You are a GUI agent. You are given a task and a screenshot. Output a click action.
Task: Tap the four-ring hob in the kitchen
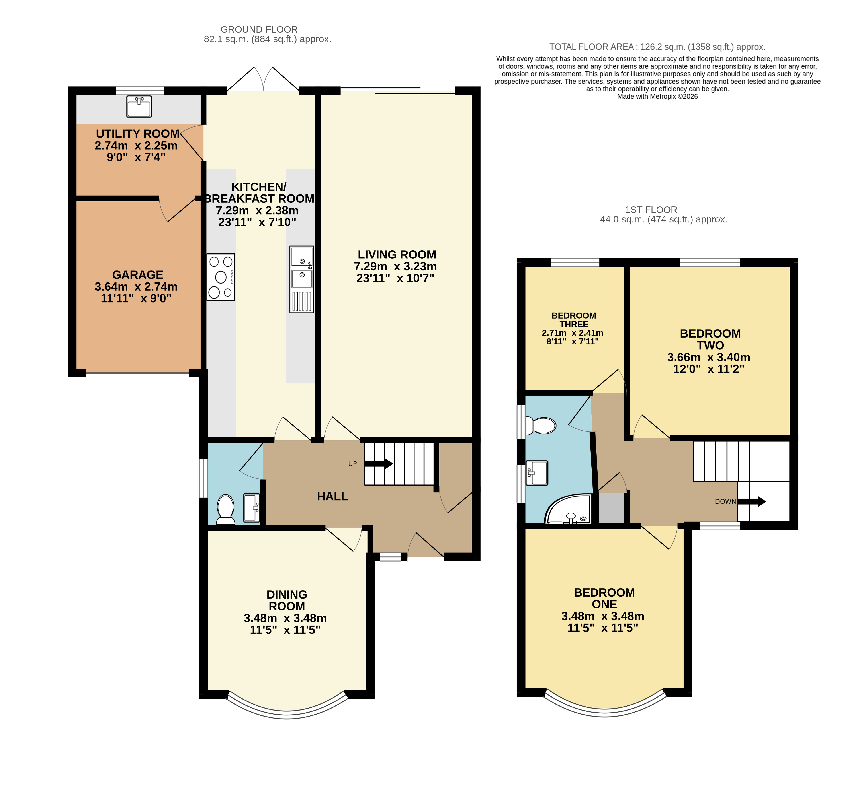[221, 277]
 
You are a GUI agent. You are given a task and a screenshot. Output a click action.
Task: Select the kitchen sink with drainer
[301, 279]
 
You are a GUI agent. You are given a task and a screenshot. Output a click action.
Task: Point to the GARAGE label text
[138, 275]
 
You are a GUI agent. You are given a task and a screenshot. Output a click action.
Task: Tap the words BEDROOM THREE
[574, 320]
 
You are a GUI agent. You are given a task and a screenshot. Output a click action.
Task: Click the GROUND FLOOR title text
[259, 30]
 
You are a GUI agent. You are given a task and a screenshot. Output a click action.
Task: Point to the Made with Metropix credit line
[657, 97]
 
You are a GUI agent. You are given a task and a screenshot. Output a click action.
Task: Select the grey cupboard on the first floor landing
[611, 508]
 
